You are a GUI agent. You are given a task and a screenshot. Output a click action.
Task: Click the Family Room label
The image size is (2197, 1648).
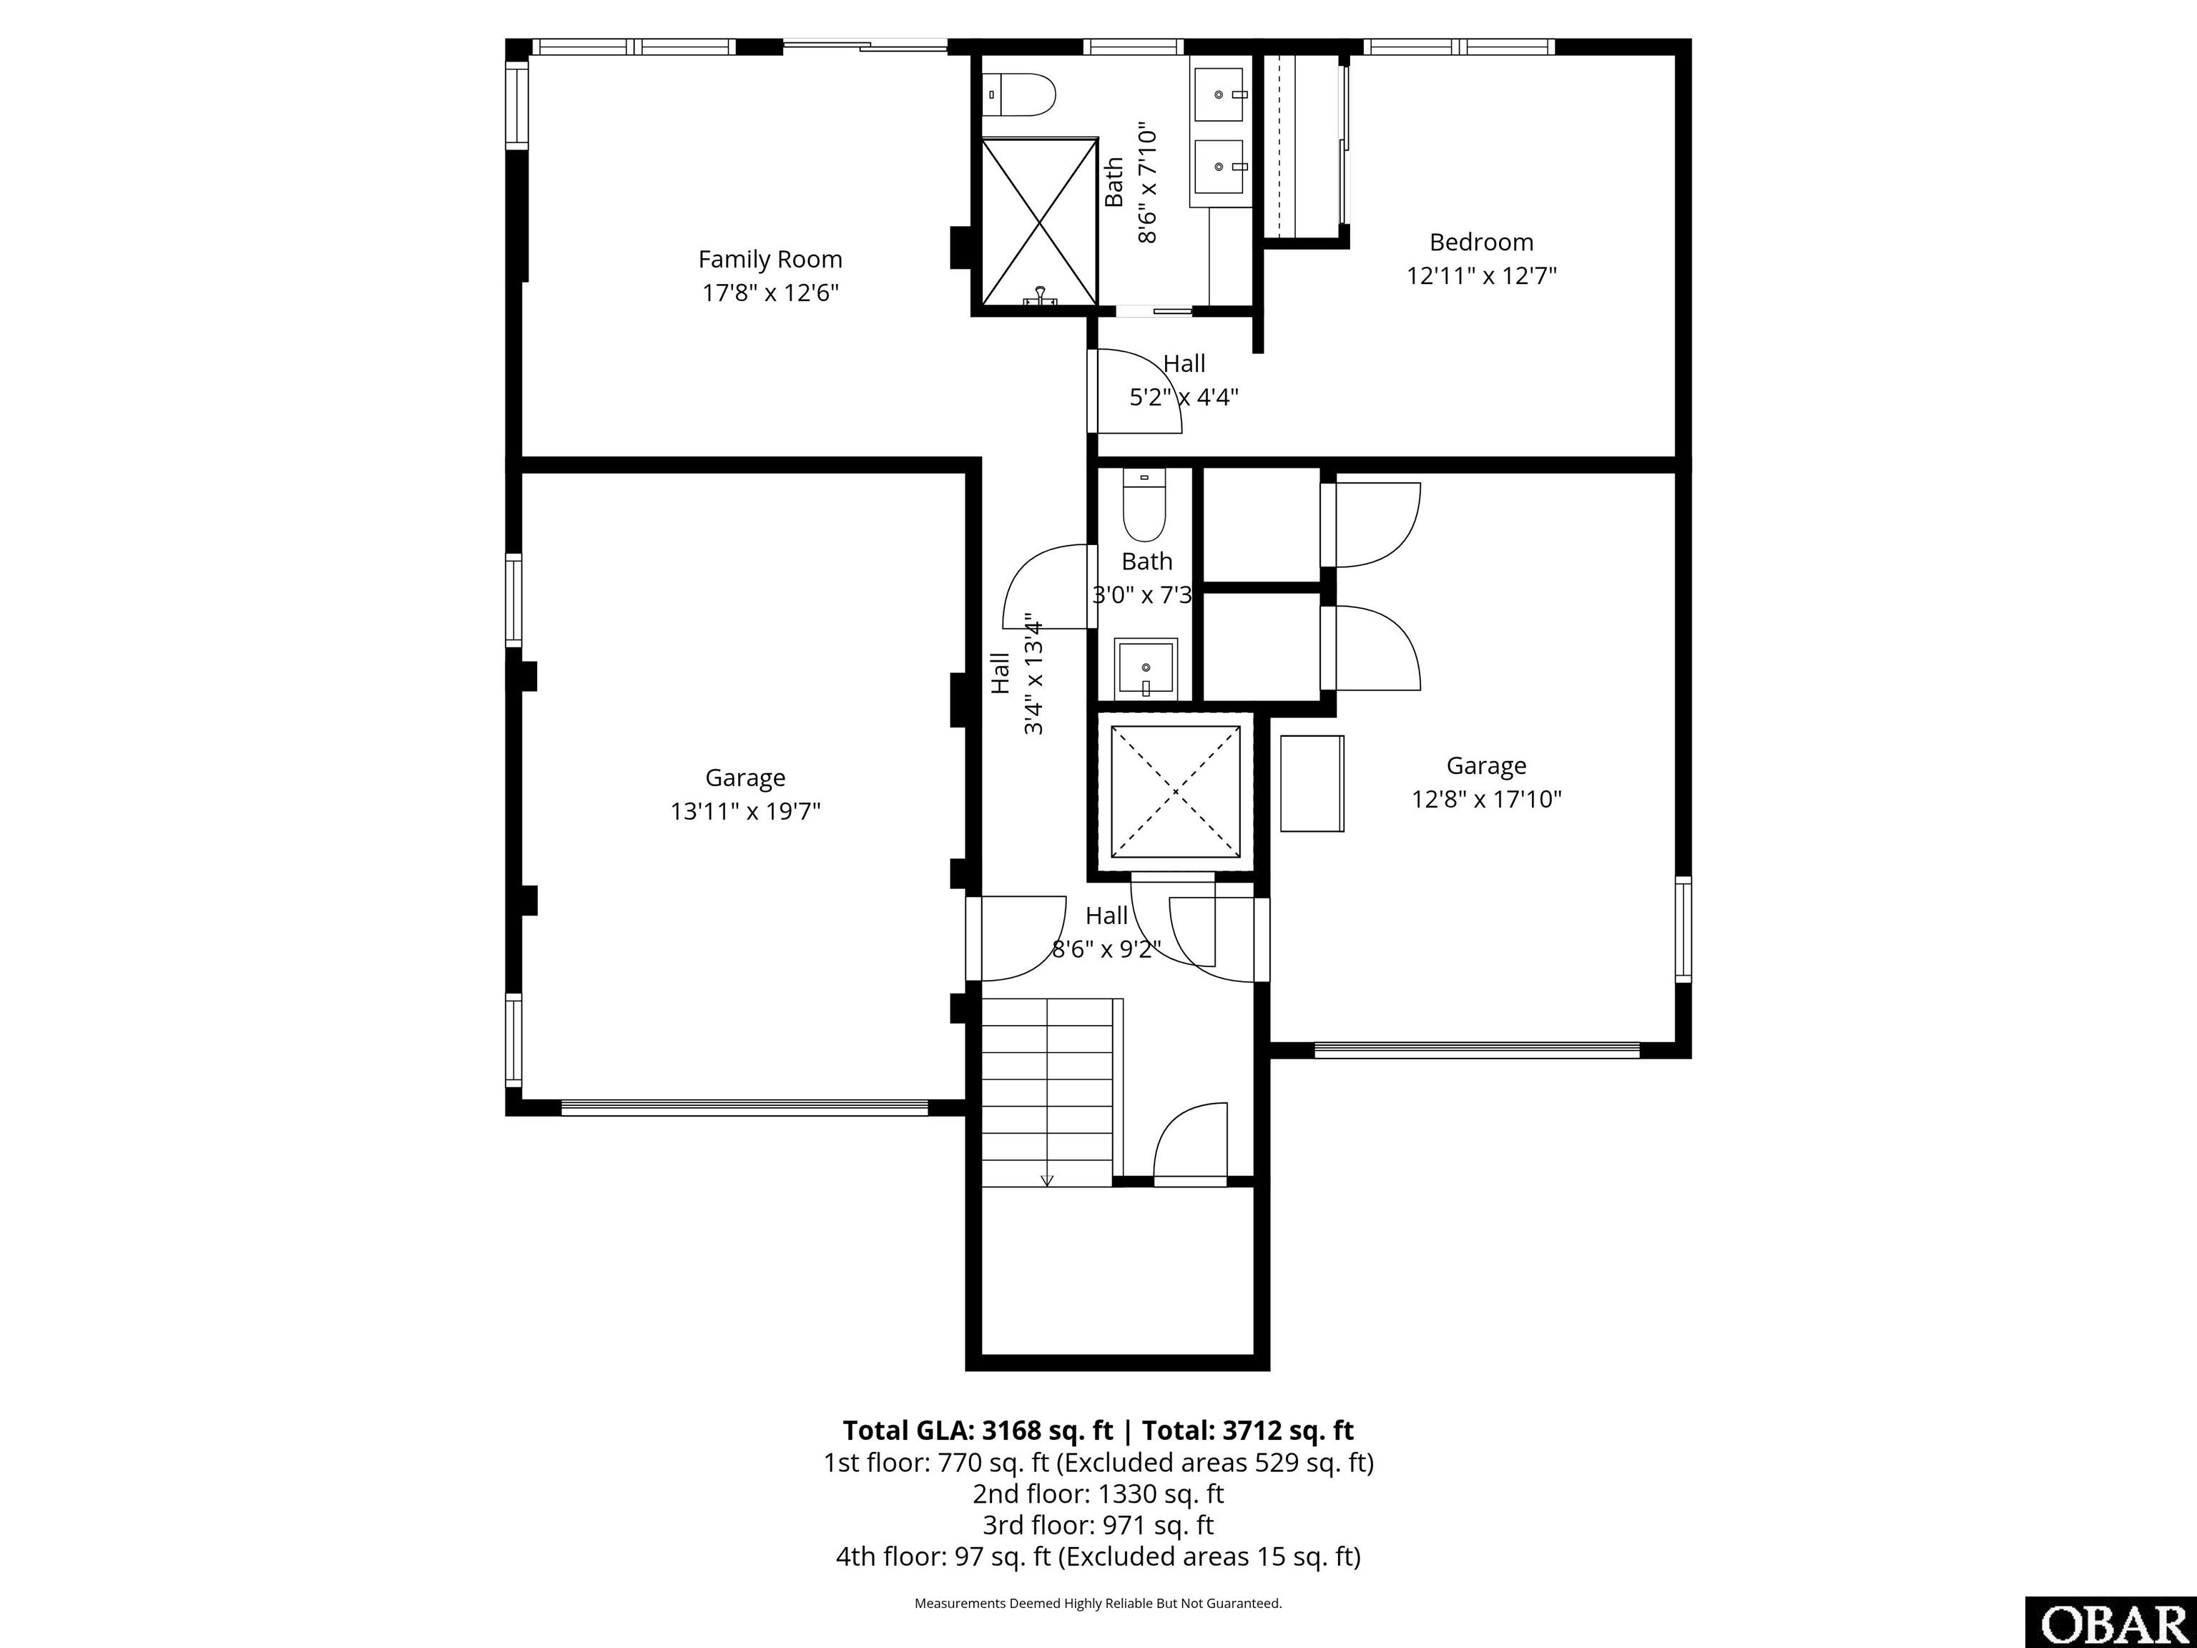[770, 259]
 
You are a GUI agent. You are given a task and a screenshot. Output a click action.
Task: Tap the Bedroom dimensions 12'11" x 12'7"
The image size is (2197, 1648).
[1481, 275]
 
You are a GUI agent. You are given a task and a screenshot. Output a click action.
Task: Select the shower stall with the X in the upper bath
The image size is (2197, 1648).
[1039, 222]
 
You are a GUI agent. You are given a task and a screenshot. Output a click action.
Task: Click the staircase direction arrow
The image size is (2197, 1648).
[1047, 1180]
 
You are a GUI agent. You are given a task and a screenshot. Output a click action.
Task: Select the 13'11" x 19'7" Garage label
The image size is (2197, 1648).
[745, 778]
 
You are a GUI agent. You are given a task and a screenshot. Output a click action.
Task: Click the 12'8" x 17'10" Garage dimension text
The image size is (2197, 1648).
[1487, 800]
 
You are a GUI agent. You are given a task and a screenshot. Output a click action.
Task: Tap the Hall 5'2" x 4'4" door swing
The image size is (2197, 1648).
[1135, 393]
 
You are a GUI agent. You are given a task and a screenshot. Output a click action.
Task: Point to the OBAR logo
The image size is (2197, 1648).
[2110, 1623]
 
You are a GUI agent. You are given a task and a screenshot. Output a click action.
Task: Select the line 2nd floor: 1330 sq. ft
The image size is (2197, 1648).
[1098, 1493]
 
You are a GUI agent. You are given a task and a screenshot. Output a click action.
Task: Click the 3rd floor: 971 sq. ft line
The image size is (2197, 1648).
[1098, 1525]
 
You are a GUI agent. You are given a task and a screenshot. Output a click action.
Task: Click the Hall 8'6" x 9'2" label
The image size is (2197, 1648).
[1106, 916]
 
